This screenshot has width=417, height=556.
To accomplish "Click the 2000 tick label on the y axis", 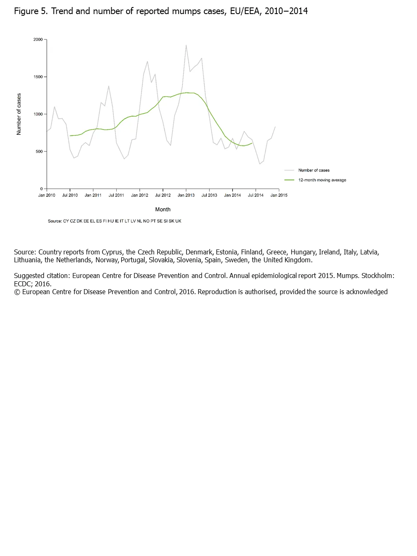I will point(38,40).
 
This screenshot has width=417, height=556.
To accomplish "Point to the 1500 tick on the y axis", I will point(38,77).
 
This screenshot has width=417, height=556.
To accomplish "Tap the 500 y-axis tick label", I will point(39,151).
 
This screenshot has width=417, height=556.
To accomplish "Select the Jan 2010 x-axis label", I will point(47,195).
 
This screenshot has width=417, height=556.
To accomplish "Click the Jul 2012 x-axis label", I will point(163,195).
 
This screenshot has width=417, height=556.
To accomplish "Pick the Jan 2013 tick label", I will point(186,195).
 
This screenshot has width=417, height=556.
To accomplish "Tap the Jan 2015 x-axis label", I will point(279,195).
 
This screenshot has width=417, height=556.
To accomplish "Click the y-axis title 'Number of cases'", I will point(19,114).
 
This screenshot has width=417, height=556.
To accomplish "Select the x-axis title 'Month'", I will point(163,209).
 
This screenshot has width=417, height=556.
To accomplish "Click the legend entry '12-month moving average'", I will point(322,180).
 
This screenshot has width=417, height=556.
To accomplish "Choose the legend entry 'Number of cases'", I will point(314,170).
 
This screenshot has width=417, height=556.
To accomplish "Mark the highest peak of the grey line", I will point(186,45).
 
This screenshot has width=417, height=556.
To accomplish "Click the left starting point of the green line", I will point(70,136).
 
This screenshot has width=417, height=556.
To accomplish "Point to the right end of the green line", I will point(252,144).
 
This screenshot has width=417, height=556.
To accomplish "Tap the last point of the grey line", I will point(275,127).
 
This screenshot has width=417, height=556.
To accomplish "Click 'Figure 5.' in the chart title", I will point(31,11).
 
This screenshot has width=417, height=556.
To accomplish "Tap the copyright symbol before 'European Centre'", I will point(17,292).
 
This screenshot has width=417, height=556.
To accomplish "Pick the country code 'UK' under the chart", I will point(178,221).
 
